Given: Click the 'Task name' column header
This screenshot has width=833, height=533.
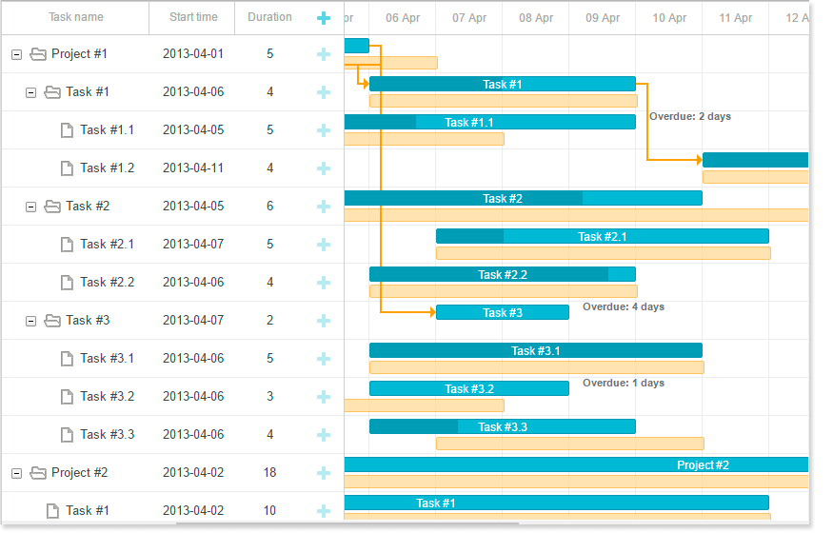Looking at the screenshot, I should click(x=76, y=17).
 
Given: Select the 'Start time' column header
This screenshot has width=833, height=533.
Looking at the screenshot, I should click(x=193, y=17).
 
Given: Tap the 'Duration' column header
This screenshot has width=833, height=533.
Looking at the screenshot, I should click(x=269, y=17).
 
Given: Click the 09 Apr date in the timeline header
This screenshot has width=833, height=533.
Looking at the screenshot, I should click(x=603, y=18).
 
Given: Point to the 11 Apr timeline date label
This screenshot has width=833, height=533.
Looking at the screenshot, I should click(x=736, y=18).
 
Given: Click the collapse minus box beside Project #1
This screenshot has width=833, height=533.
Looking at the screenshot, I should click(x=16, y=54).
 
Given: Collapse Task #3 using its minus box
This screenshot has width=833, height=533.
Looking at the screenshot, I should click(x=30, y=321).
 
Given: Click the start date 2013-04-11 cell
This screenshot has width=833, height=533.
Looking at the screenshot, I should click(x=193, y=168).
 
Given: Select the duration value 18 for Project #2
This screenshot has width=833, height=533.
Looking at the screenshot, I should click(x=269, y=473).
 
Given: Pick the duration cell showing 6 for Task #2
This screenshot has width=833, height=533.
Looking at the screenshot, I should click(x=269, y=207).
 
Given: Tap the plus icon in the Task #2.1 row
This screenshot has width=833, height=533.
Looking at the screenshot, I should click(x=324, y=245).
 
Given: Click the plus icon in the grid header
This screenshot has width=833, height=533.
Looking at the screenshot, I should click(x=324, y=18).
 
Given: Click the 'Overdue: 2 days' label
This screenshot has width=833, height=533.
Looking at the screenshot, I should click(x=689, y=116).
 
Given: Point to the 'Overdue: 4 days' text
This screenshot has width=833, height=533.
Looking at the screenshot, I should click(x=623, y=306).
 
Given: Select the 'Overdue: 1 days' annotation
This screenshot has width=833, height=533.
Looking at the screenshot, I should click(x=623, y=383).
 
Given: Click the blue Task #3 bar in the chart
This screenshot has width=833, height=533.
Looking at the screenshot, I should click(x=502, y=312).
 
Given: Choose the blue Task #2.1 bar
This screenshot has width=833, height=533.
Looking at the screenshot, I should click(x=602, y=236).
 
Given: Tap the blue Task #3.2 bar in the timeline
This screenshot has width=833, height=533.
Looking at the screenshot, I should click(x=468, y=388).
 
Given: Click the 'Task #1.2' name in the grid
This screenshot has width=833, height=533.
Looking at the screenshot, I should click(x=107, y=168).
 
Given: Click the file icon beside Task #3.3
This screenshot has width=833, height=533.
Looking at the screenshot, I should click(x=67, y=435).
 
